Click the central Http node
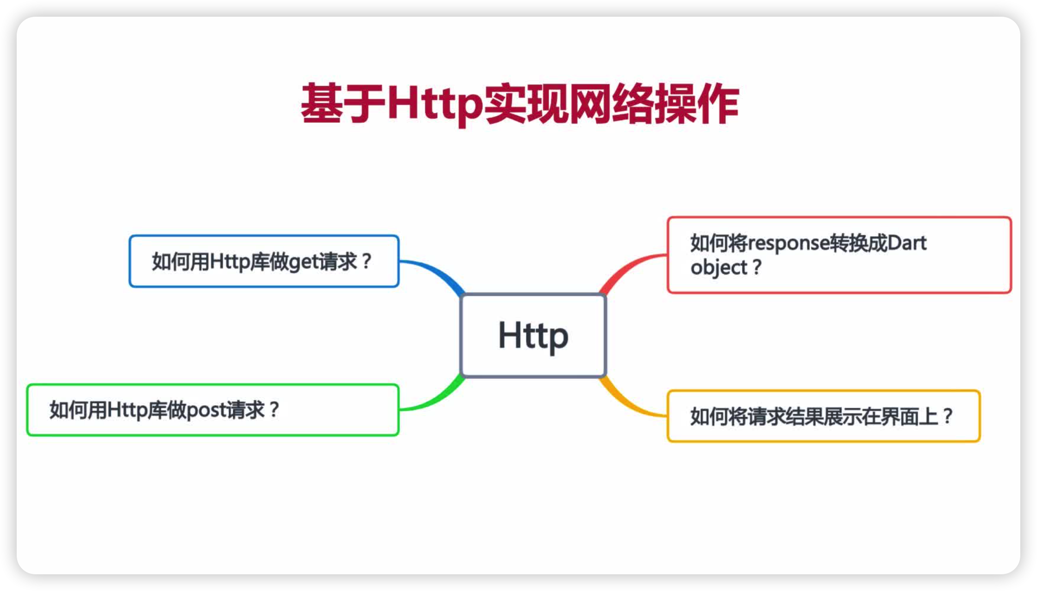point(533,335)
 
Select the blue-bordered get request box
point(264,261)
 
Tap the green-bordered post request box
point(213,410)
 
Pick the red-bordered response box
point(839,255)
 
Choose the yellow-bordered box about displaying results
point(823,416)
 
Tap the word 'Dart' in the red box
point(906,243)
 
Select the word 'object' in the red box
point(718,268)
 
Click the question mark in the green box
point(274,410)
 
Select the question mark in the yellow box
point(948,416)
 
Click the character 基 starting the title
point(321,104)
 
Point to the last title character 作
point(718,104)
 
